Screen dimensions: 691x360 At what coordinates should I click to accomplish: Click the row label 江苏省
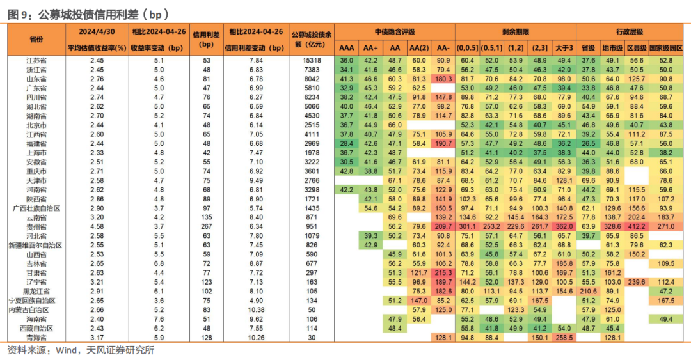(x=36, y=60)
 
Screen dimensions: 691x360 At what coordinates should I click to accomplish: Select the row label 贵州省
(x=36, y=227)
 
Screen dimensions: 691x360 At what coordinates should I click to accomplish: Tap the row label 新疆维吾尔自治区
(x=35, y=246)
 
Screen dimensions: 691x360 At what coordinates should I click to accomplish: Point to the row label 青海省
(x=36, y=338)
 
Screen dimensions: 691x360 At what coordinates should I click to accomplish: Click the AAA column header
(x=346, y=48)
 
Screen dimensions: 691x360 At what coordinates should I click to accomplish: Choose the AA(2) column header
(x=419, y=48)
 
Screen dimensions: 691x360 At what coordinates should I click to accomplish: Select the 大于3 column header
(x=564, y=48)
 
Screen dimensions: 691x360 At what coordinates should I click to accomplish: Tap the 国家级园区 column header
(x=666, y=48)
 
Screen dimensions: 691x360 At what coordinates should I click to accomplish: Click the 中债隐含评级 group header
(x=395, y=32)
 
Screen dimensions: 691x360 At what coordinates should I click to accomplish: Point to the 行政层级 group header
(x=630, y=32)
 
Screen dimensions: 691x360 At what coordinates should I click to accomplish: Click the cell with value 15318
(x=312, y=60)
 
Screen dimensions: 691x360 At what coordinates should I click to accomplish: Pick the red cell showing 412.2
(x=637, y=227)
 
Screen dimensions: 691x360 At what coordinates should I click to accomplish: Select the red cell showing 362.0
(x=564, y=227)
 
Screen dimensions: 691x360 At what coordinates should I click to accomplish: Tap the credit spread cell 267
(x=206, y=227)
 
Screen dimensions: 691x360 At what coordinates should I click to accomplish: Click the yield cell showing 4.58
(x=97, y=227)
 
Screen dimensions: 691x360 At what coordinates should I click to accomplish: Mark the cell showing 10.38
(x=256, y=310)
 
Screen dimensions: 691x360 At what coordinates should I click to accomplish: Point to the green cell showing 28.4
(x=346, y=144)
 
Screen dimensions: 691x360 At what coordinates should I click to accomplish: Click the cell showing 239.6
(x=637, y=283)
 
